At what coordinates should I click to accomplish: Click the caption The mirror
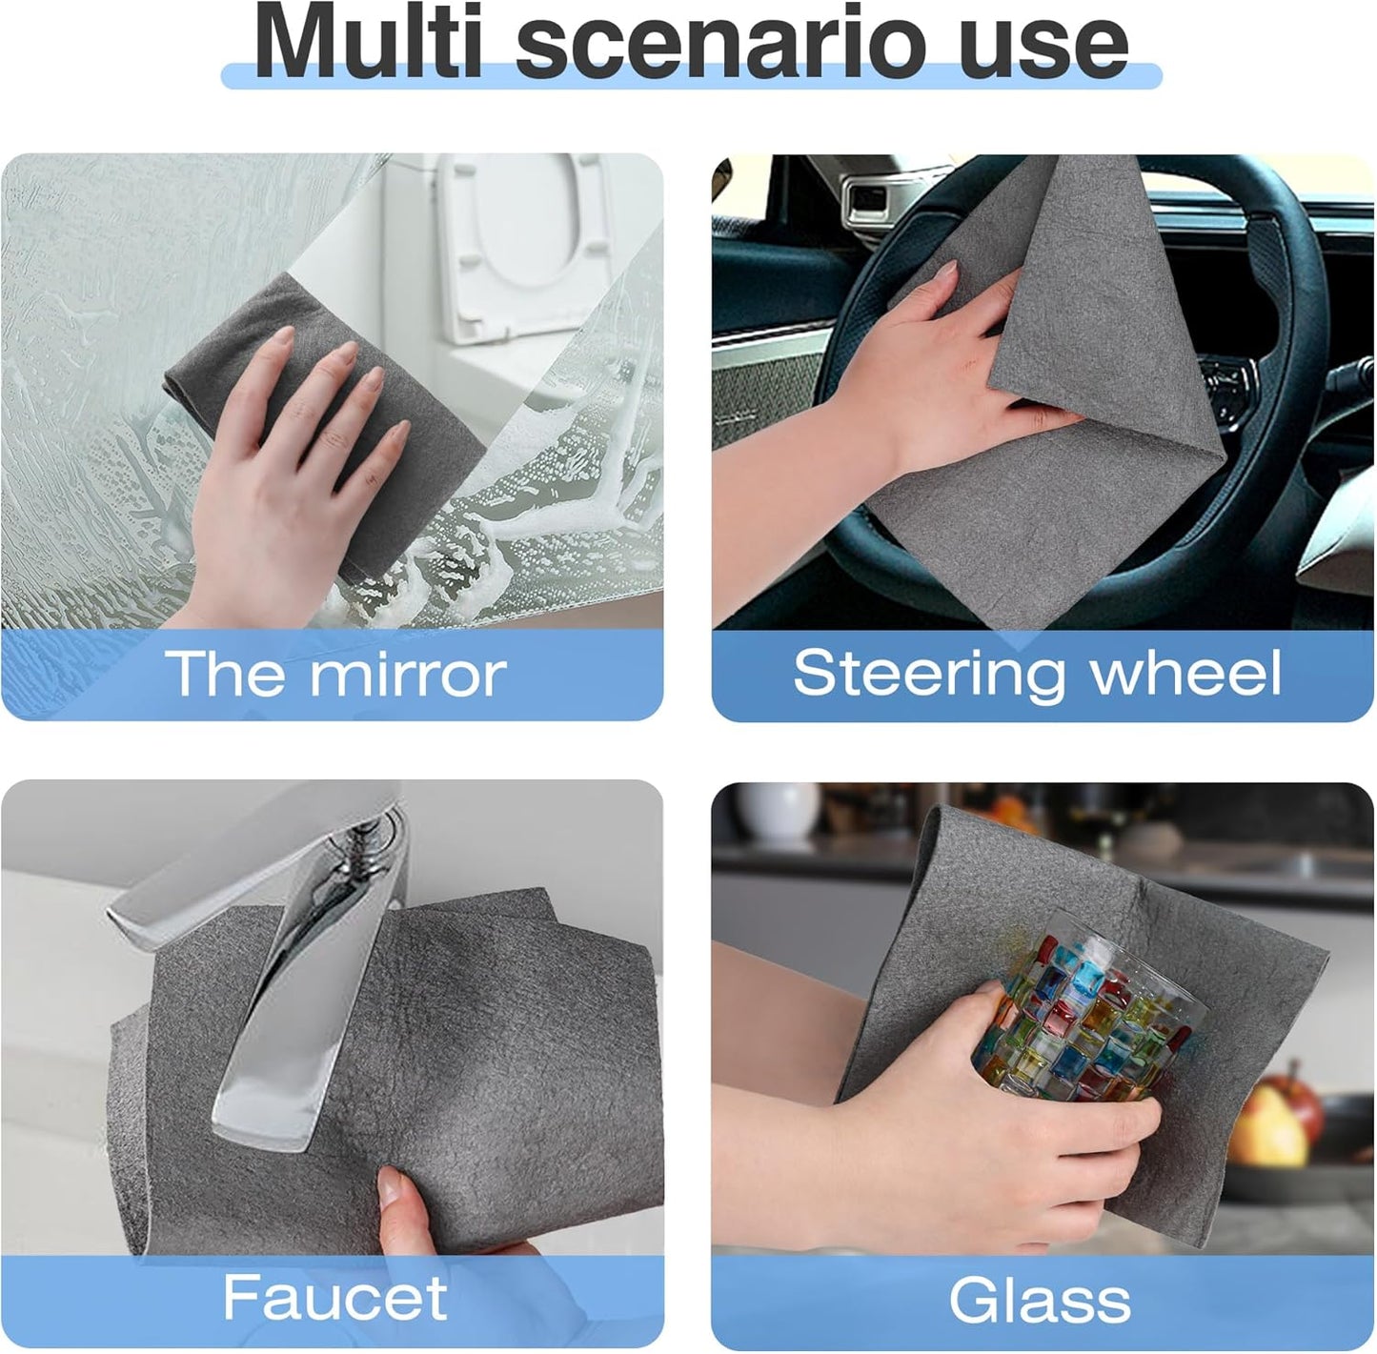pos(335,674)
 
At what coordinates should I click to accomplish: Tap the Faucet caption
pos(334,1298)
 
